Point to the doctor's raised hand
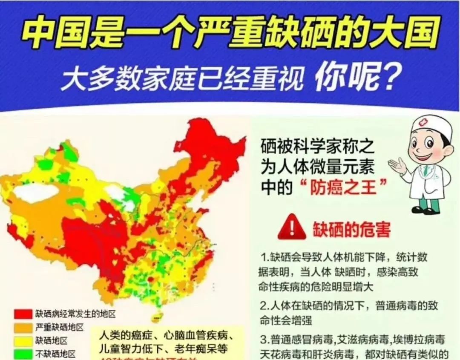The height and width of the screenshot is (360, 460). pos(398,165)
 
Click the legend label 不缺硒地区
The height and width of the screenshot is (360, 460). pos(55,354)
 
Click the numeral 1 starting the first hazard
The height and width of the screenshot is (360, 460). pos(263,258)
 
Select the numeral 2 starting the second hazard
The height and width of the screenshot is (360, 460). pos(263,306)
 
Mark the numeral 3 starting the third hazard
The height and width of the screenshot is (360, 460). pos(263,340)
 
